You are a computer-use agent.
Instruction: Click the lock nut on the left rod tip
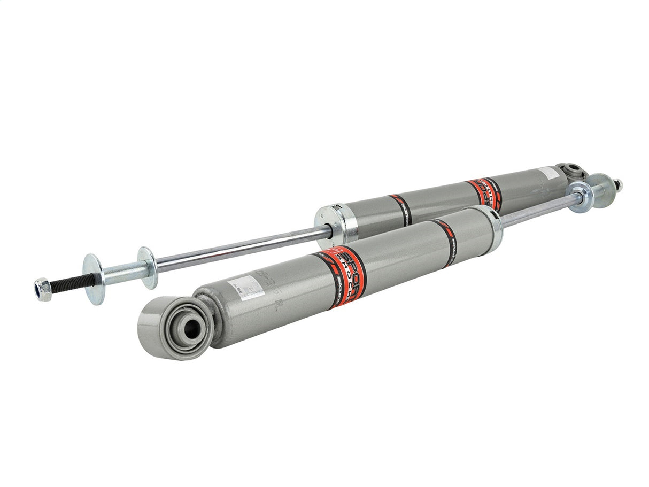pos(43,289)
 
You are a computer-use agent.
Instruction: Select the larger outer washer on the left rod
pos(94,278)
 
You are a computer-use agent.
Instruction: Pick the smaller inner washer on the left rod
pos(148,267)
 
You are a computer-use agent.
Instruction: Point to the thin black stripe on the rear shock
pos(401,208)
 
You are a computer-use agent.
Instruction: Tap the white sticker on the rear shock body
pos(546,174)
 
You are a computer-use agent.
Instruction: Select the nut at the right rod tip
pos(617,185)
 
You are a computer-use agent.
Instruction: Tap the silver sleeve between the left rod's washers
pos(120,272)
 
